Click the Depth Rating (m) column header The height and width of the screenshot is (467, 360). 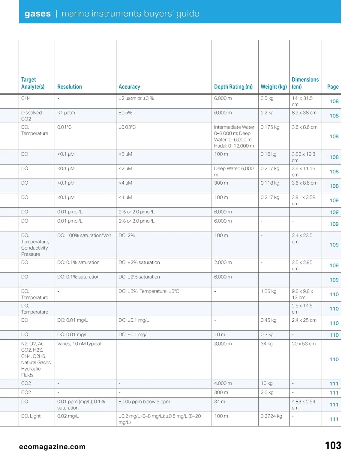point(233,87)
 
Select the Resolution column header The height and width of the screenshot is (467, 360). point(70,87)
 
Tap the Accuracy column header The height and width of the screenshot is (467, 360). point(129,87)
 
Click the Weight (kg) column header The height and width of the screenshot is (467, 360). point(274,87)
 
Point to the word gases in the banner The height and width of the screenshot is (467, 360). point(38,13)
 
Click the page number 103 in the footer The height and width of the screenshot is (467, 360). point(333,445)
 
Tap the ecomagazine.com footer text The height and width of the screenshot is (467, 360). point(52,447)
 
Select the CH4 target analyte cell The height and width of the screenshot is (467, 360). point(26,98)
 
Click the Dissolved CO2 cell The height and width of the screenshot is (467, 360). point(31,116)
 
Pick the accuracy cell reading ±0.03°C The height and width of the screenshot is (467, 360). point(127,127)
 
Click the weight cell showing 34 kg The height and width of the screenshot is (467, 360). point(267,344)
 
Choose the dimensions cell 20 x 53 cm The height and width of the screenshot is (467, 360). point(304,344)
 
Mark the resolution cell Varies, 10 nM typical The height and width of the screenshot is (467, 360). point(79,344)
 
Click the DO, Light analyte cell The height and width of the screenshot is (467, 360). point(31,416)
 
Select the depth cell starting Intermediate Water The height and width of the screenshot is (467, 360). point(234,136)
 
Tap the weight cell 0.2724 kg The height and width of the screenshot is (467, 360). point(271,416)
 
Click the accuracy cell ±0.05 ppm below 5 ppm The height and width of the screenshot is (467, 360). point(144,402)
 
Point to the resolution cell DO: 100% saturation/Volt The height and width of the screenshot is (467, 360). point(84,236)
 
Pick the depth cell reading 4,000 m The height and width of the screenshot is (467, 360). point(223,383)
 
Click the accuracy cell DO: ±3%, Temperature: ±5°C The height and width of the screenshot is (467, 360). point(149,291)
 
